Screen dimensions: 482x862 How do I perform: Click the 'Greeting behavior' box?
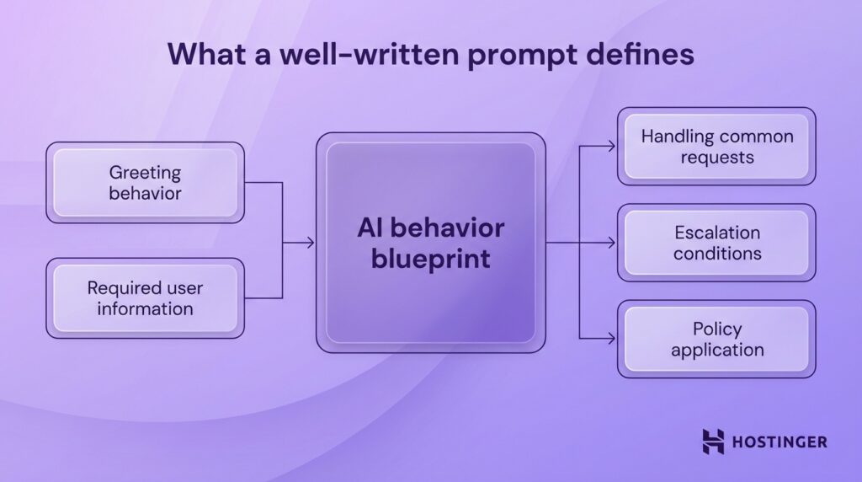tap(145, 183)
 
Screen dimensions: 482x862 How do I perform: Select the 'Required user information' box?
tap(145, 298)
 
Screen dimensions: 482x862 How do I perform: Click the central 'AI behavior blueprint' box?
tap(430, 243)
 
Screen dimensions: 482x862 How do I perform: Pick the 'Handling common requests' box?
tap(716, 146)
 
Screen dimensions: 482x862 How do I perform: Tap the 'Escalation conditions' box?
tap(716, 243)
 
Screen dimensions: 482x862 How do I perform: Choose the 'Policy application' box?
tap(716, 339)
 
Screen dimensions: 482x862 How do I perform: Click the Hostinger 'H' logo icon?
tap(713, 441)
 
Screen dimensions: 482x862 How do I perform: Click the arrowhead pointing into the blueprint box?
tap(311, 243)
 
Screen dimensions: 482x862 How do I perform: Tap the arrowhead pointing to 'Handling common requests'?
tap(612, 146)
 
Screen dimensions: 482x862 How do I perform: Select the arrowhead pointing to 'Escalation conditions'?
tap(612, 243)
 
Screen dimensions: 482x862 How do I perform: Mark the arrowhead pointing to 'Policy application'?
tap(612, 339)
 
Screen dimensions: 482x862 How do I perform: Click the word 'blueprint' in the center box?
tap(430, 258)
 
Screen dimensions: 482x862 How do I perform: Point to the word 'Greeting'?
tap(145, 172)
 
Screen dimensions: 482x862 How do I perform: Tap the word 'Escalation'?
tap(716, 232)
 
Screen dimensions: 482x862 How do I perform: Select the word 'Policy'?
tap(716, 328)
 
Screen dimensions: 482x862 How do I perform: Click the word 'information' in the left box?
tap(145, 309)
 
